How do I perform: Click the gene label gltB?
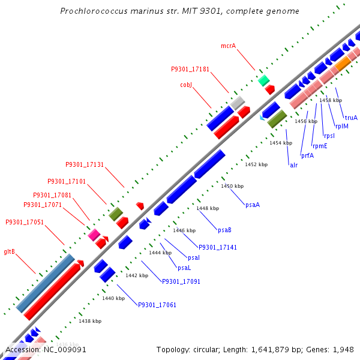(10, 251)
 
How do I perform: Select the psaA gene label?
(253, 205)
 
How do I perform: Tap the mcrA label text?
(229, 46)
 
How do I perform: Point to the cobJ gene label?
(186, 85)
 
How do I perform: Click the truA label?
(351, 118)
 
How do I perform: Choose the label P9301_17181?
(190, 69)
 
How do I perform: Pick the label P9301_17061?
(157, 305)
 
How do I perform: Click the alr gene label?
(293, 165)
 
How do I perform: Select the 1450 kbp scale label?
(232, 186)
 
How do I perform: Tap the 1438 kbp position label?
(90, 321)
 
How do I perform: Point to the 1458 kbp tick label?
(331, 100)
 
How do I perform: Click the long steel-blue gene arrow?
(46, 283)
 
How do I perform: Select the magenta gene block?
(94, 235)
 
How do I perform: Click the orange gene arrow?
(343, 64)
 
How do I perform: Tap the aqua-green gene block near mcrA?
(263, 80)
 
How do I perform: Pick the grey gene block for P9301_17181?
(238, 102)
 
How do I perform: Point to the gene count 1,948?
(343, 349)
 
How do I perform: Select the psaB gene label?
(225, 230)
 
